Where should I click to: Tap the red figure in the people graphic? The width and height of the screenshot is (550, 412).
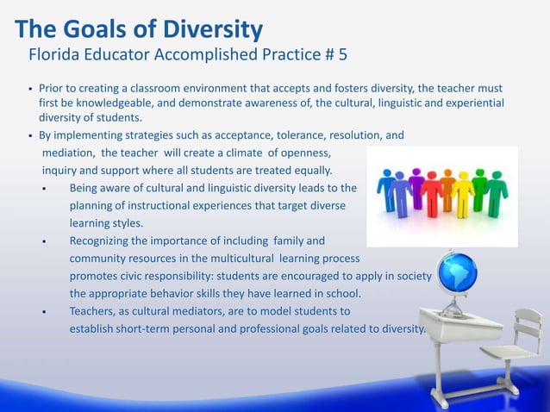click(x=448, y=191)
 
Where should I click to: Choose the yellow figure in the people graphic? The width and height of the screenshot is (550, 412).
click(x=466, y=191)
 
